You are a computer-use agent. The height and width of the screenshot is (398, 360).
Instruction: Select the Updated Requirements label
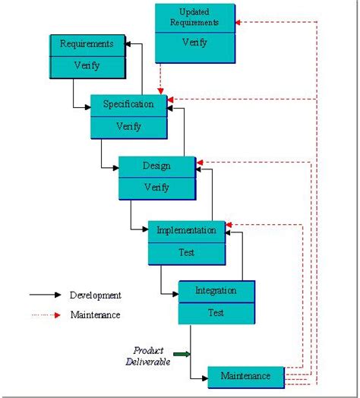tap(194, 17)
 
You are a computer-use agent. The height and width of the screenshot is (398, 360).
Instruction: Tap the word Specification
tap(128, 104)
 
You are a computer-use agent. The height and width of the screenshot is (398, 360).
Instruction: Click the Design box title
tap(156, 166)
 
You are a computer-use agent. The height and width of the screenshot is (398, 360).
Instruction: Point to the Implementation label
tap(186, 229)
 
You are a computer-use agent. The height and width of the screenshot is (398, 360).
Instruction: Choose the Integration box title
tap(216, 290)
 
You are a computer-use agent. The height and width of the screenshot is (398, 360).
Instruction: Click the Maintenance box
tap(245, 376)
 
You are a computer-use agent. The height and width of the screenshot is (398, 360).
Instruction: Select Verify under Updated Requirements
tap(194, 43)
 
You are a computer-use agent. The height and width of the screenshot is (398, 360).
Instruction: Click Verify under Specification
tap(128, 126)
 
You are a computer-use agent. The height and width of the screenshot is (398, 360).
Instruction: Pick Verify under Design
tap(156, 187)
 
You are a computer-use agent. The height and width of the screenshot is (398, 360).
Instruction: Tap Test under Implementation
tap(186, 251)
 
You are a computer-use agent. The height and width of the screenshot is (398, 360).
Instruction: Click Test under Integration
tap(216, 312)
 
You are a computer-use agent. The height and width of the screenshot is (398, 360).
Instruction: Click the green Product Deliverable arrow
tap(181, 354)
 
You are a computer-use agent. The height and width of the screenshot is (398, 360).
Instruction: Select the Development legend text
tap(95, 295)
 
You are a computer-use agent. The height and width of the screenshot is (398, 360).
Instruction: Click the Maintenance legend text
tap(95, 314)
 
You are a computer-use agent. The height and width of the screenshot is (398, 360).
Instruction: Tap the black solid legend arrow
tap(46, 295)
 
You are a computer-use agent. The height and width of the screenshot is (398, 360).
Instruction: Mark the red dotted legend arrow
tap(46, 314)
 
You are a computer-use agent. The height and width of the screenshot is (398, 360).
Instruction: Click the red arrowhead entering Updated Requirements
tap(238, 22)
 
